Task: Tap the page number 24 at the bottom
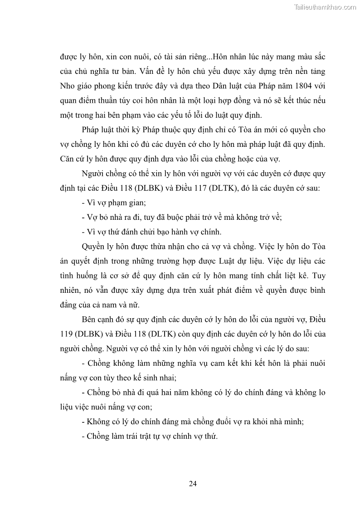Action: coord(193,483)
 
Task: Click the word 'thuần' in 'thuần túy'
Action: coord(123,101)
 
